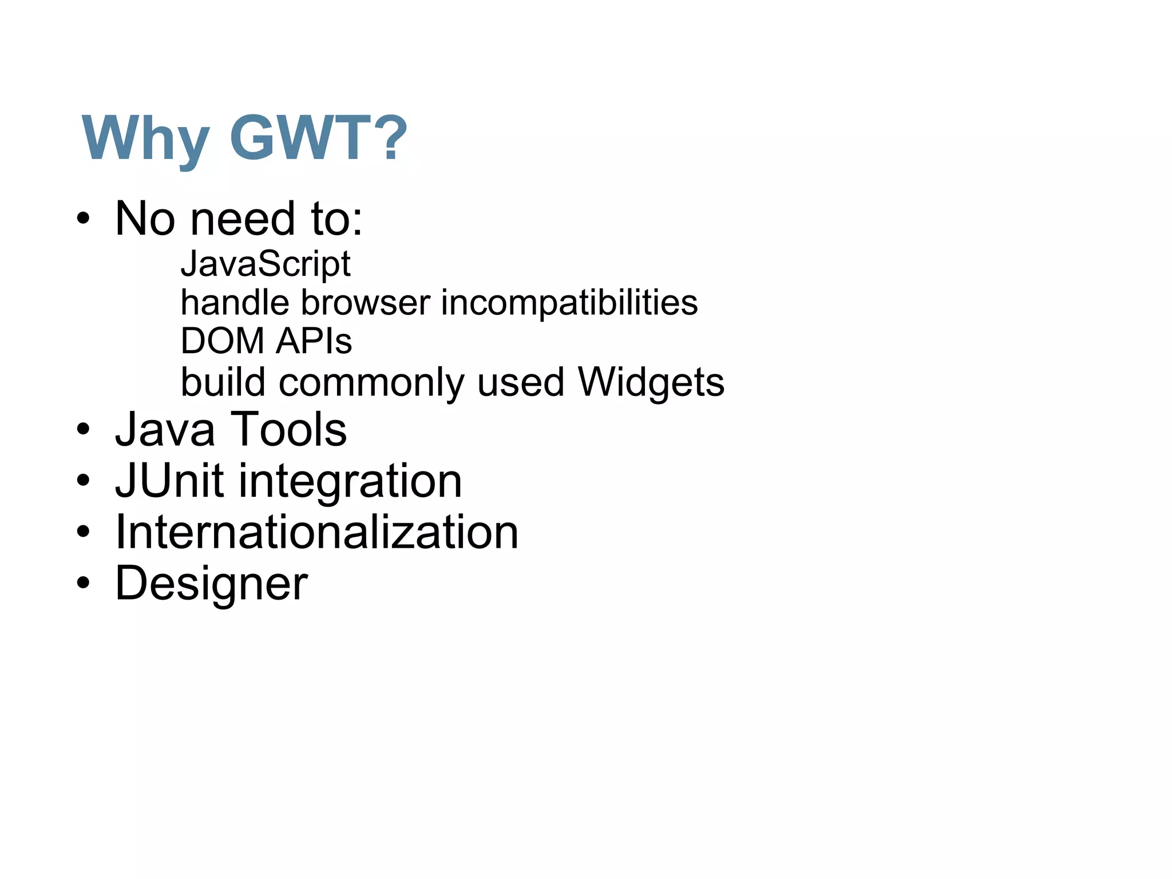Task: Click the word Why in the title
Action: (145, 138)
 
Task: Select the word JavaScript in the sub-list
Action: (266, 264)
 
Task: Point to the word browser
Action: (365, 303)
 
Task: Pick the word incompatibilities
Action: (569, 303)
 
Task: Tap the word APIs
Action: (314, 341)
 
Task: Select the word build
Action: (223, 382)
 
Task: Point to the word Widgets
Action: (651, 382)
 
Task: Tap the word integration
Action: (350, 482)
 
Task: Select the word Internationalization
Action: (316, 532)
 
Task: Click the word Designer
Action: (211, 584)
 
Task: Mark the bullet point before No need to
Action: (84, 219)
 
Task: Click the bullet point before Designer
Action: (84, 583)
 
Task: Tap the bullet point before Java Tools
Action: (84, 430)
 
